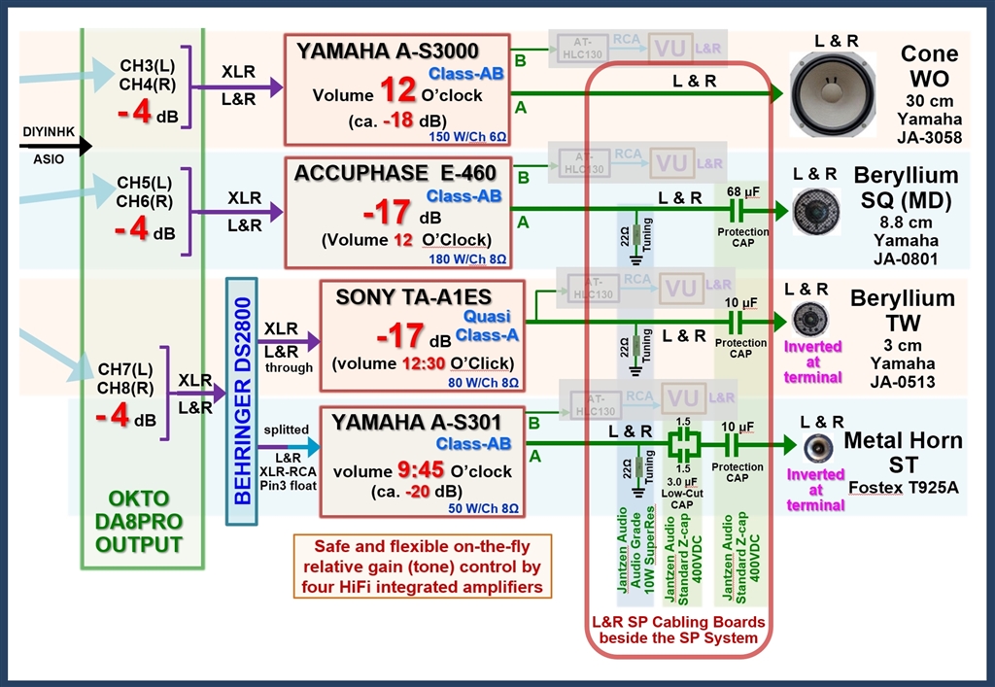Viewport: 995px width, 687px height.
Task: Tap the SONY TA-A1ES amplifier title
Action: (414, 296)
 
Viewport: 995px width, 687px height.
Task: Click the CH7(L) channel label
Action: (124, 370)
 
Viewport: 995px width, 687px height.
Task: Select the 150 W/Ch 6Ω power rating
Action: (470, 138)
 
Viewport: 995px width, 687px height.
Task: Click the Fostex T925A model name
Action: (902, 485)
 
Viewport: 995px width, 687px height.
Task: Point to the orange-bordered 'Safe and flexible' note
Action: (421, 567)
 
